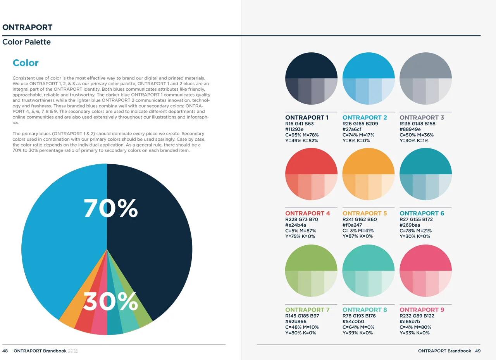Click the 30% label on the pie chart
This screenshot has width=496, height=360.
(x=110, y=301)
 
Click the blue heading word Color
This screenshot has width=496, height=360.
(x=26, y=63)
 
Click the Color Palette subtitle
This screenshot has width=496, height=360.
(x=26, y=42)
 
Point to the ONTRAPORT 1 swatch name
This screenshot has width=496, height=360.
(x=307, y=117)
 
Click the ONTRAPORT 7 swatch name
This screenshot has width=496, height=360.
(x=307, y=310)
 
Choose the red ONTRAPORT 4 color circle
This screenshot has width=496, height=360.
(x=311, y=174)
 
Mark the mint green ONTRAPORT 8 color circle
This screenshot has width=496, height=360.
(x=368, y=270)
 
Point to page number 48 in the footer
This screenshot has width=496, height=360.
(x=5, y=351)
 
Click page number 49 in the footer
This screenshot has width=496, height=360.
(x=477, y=351)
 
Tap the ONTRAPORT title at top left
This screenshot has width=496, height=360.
(x=27, y=27)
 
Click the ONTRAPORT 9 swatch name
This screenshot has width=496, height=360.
(x=422, y=310)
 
